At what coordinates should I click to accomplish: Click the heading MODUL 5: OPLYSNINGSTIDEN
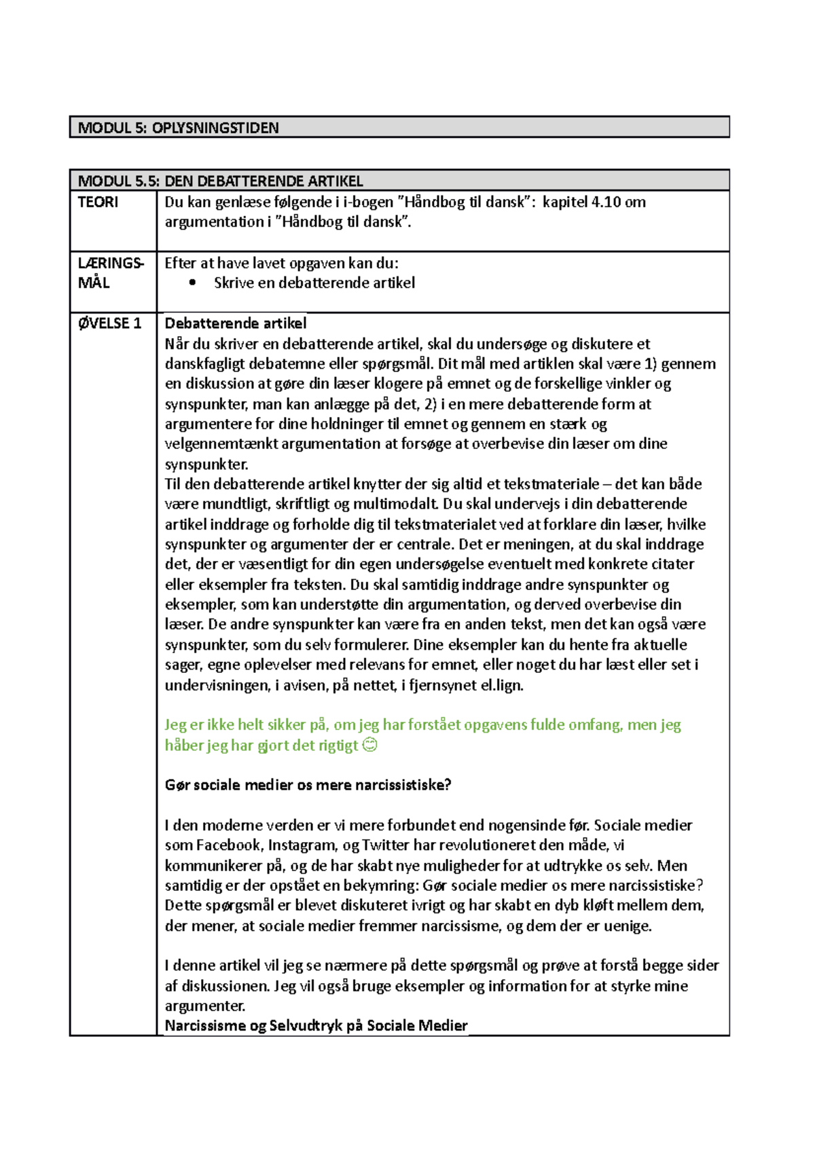point(179,128)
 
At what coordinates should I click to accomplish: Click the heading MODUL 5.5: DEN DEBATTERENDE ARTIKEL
point(220,181)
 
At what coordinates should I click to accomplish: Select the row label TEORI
point(98,202)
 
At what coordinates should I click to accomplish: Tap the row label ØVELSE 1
point(109,323)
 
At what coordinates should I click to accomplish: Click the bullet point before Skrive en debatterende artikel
point(193,283)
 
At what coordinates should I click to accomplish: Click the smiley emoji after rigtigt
point(370,745)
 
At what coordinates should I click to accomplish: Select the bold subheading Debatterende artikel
point(236,323)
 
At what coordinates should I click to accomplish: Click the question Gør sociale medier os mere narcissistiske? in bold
point(308,785)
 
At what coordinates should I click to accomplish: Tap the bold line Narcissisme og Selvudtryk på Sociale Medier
point(316,1025)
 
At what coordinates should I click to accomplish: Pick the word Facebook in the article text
point(228,845)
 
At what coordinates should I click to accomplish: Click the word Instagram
point(302,845)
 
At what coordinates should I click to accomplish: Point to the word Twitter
point(385,845)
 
